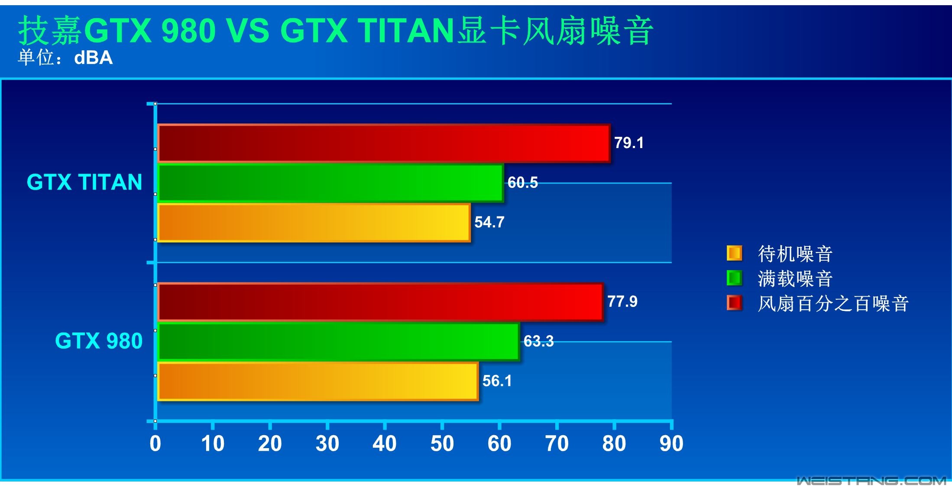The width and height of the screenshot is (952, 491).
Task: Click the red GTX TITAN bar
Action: click(384, 143)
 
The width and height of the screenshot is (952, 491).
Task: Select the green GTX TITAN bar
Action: click(330, 183)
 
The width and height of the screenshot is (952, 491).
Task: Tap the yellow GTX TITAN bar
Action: click(314, 223)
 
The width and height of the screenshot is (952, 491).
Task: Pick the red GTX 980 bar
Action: click(380, 302)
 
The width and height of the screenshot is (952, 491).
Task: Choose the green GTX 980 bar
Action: click(338, 342)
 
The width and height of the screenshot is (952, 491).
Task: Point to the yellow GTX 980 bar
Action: click(318, 381)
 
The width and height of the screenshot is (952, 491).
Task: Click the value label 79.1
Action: click(629, 143)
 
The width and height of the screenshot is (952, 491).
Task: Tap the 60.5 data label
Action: click(522, 183)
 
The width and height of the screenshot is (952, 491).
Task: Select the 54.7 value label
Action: click(489, 222)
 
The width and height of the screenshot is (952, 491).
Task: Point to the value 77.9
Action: click(622, 301)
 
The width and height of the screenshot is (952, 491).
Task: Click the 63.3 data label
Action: click(538, 341)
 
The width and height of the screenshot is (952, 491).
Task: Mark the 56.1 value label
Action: click(497, 381)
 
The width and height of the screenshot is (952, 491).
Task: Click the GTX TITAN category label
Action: click(84, 182)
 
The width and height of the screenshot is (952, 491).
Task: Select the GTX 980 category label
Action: click(99, 341)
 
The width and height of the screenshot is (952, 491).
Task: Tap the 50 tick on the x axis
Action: click(442, 444)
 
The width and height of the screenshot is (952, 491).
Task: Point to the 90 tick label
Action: click(671, 444)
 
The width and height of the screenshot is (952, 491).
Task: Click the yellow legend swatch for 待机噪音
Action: click(734, 253)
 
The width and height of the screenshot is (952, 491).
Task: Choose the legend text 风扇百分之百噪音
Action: click(833, 304)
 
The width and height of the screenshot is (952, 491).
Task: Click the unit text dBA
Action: click(93, 58)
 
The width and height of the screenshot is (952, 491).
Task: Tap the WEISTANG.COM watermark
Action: click(871, 481)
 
